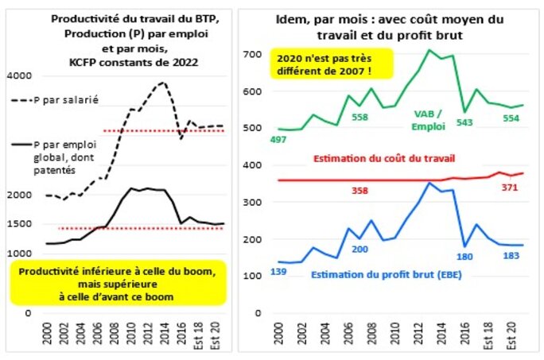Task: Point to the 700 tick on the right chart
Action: [251, 54]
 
